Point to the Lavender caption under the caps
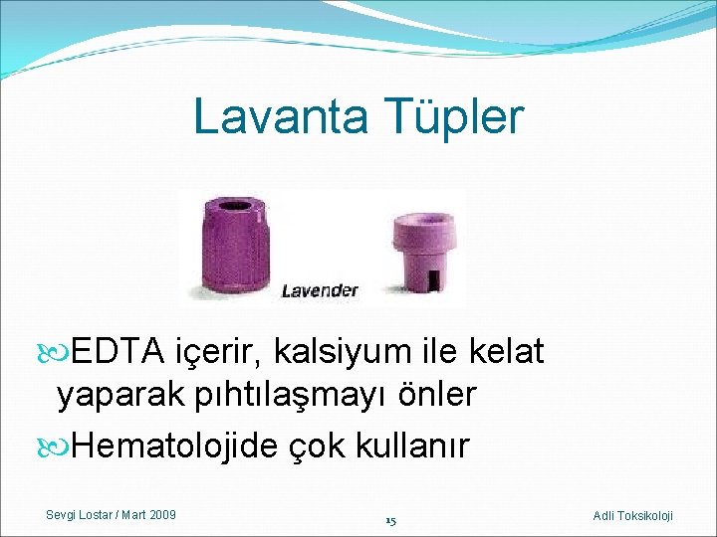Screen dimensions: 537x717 pos(319,290)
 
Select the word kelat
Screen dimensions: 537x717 pos(507,351)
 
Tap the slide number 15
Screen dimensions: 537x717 pos(390,520)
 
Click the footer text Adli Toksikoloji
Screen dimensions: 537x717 pos(632,515)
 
